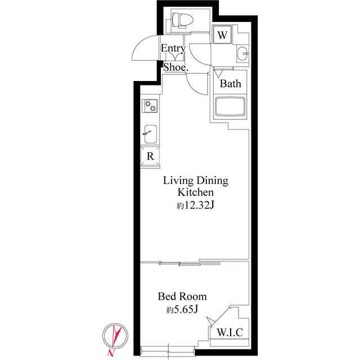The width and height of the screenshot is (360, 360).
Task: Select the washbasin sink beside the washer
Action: click(x=242, y=54)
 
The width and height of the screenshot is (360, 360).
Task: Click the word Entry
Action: click(x=173, y=48)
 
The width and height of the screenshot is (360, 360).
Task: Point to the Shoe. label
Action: click(x=175, y=67)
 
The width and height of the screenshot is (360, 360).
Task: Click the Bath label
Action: click(x=230, y=84)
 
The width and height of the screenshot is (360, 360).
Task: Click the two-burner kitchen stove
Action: click(x=151, y=105)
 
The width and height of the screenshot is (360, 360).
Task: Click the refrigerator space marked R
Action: click(x=151, y=156)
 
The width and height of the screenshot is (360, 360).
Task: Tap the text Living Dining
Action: click(x=195, y=181)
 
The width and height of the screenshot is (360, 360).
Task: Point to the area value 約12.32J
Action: click(x=195, y=205)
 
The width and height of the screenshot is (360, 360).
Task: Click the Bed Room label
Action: click(x=182, y=296)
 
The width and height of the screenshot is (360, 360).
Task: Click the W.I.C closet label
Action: click(x=229, y=332)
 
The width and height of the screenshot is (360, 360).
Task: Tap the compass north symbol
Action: click(x=115, y=335)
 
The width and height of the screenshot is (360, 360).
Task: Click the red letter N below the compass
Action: click(x=111, y=353)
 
